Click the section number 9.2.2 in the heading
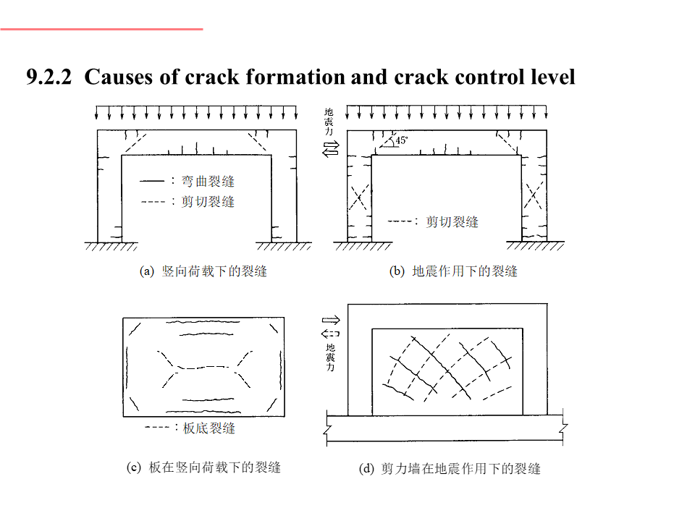[x=49, y=77]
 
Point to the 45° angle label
[x=401, y=141]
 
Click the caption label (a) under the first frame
[x=147, y=272]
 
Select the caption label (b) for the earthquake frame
[x=397, y=272]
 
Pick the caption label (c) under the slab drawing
[x=134, y=467]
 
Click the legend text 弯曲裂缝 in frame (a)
[x=208, y=181]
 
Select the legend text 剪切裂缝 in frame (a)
[x=208, y=201]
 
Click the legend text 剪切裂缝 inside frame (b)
[x=452, y=221]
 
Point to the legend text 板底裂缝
[x=209, y=428]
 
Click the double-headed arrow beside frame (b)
[x=331, y=149]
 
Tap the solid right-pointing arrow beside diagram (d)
[x=330, y=319]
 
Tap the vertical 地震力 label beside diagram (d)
[x=330, y=357]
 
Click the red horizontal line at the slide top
[x=101, y=30]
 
